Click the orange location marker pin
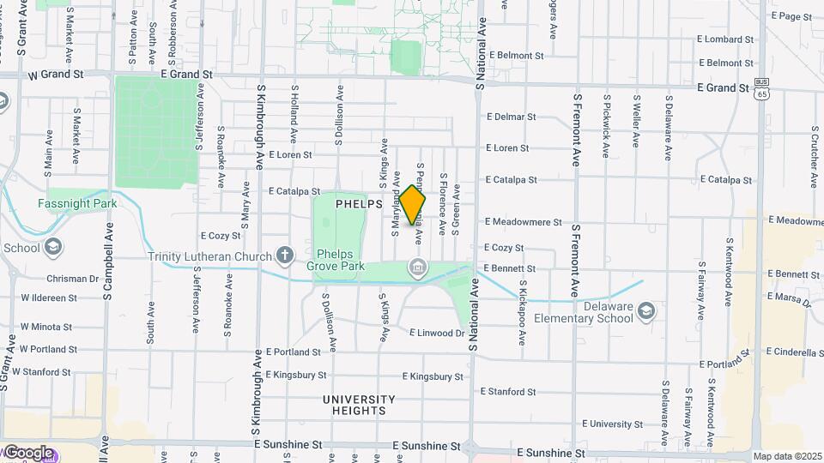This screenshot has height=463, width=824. (x=413, y=205)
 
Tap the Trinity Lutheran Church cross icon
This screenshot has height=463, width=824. (x=285, y=256)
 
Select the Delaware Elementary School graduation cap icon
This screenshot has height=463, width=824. (x=646, y=310)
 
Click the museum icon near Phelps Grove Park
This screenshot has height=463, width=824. (x=417, y=269)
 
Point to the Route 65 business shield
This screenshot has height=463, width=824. (x=761, y=88)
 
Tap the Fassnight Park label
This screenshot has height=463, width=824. (x=76, y=204)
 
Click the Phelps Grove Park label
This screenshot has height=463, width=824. (x=341, y=260)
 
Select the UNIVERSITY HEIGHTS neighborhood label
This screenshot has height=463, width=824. (x=359, y=405)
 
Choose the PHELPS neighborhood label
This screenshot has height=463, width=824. (x=358, y=204)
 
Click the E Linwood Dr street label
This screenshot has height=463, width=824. (x=437, y=333)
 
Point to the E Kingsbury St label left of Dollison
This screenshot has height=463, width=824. (x=296, y=375)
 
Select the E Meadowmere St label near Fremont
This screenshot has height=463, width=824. (x=523, y=222)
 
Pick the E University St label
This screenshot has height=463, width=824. (x=615, y=424)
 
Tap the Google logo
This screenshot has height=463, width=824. (x=27, y=452)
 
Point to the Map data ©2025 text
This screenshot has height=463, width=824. (x=787, y=456)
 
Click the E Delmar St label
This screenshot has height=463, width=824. (x=511, y=117)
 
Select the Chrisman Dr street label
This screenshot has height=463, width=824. (x=73, y=279)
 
